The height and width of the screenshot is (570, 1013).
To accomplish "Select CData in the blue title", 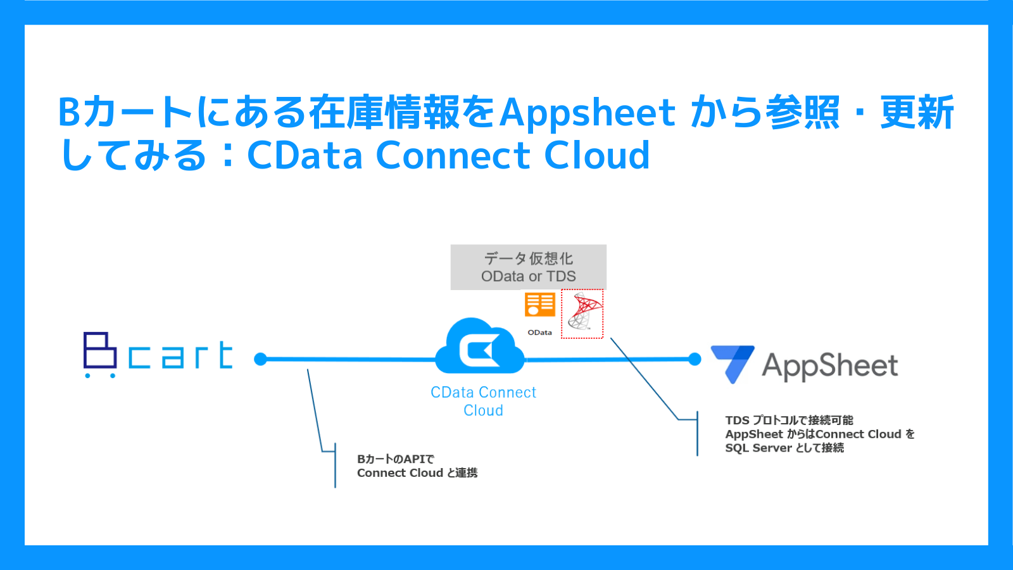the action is point(305,155).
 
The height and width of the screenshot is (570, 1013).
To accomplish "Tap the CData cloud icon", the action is point(481,346).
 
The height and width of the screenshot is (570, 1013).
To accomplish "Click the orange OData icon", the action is point(539,305).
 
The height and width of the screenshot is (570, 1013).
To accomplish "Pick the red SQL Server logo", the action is point(583,312).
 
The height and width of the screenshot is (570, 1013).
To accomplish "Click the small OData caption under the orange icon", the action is point(539,332).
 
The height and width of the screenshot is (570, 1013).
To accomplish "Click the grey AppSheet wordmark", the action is point(830,367).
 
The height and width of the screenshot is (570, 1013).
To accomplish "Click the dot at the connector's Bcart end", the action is point(260,359).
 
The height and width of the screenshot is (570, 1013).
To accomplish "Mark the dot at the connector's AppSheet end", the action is point(695,359).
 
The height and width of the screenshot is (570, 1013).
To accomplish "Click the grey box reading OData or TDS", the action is point(528,267).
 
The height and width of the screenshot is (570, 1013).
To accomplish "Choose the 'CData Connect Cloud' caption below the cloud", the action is point(483,402).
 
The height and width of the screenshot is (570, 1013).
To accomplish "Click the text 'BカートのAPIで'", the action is point(396,459).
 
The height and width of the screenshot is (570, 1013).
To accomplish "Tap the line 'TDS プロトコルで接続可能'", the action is point(789,421).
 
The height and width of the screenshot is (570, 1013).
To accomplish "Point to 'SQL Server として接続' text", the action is point(784,448).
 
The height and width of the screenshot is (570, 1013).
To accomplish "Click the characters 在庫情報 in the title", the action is point(384,112).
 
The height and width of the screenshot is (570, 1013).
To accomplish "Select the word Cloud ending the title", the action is point(596,155).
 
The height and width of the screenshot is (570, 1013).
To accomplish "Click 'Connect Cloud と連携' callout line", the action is point(417,473).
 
